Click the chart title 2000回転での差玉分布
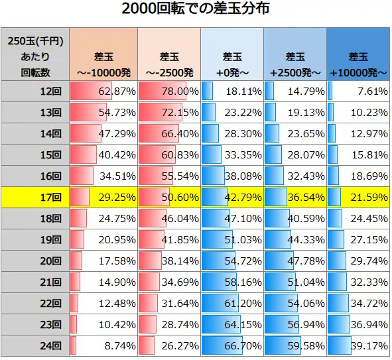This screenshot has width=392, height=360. [196, 11]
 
